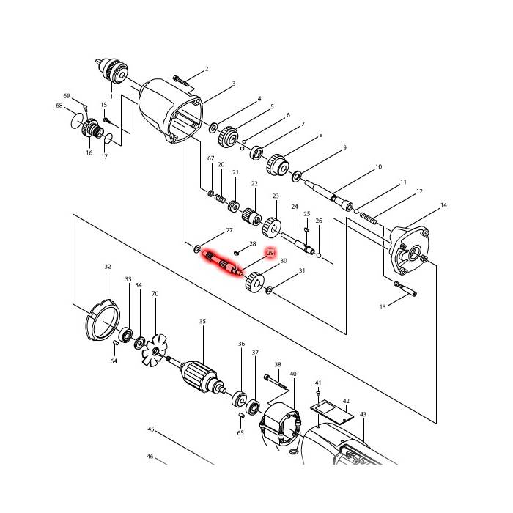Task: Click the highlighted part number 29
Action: coord(270,253)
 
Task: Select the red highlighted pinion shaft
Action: coord(223,262)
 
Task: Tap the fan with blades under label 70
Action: coord(155,350)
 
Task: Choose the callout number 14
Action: coord(443,205)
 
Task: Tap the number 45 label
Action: coord(150,429)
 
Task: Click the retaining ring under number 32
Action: coord(103,322)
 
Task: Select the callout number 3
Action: coord(234,84)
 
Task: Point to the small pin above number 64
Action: coord(115,342)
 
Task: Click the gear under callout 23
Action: coord(272,226)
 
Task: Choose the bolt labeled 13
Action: coord(405,289)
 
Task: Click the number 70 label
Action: coord(155,294)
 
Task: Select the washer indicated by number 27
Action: coord(198,248)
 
